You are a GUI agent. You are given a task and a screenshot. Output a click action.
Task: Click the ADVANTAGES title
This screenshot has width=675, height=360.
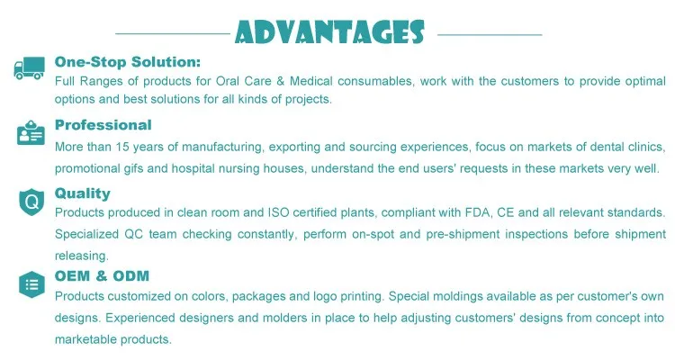[329, 31]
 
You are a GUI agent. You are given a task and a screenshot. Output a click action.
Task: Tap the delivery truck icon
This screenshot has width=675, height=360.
[30, 68]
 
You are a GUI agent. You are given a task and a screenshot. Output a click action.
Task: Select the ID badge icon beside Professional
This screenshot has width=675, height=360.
[31, 132]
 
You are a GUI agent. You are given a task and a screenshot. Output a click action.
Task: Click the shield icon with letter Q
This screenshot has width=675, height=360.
[31, 202]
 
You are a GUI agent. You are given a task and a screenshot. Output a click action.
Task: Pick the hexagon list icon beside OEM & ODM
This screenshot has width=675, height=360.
[31, 284]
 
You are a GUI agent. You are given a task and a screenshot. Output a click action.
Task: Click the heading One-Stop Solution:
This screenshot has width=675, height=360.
[128, 62]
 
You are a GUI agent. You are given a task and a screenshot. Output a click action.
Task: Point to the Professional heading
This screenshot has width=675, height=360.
[103, 125]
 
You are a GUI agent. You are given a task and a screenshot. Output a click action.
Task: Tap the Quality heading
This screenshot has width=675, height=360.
[83, 193]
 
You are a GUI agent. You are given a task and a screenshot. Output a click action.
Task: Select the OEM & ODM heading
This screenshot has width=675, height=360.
[102, 275]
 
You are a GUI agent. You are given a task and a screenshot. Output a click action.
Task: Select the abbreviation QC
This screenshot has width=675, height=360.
[133, 234]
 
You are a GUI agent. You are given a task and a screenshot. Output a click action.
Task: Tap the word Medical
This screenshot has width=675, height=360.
[310, 81]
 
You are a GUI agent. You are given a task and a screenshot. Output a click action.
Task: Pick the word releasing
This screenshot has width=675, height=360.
[81, 256]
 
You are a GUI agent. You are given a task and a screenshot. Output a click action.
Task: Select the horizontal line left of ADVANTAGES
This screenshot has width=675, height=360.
[173, 33]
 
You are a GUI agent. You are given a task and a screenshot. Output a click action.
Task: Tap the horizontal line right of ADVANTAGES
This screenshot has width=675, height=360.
[490, 34]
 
